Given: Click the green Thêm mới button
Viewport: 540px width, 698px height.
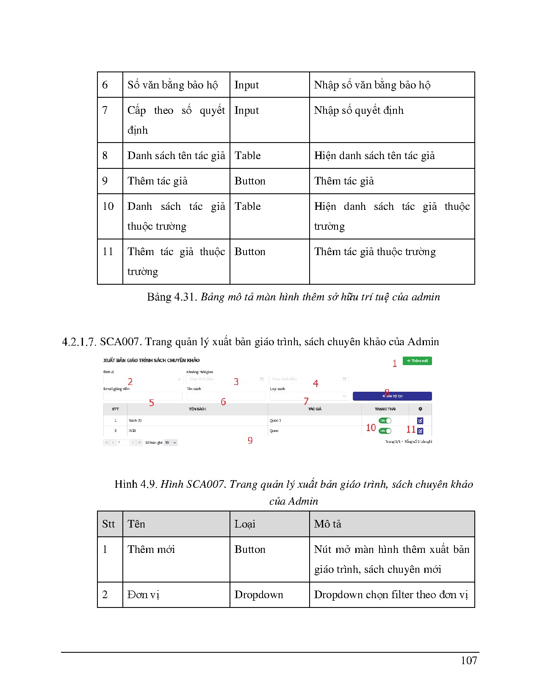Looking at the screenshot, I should (x=417, y=361).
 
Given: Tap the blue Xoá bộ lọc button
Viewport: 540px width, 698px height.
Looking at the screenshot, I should (x=392, y=396).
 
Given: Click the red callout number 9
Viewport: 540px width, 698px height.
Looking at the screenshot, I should (x=250, y=441).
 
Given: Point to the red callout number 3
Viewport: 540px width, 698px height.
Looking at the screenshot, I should (x=236, y=382).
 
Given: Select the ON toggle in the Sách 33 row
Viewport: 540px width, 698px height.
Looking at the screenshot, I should (x=385, y=420).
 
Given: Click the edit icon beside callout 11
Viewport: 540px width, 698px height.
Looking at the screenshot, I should (x=420, y=431).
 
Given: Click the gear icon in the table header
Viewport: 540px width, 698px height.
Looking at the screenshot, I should (x=420, y=409).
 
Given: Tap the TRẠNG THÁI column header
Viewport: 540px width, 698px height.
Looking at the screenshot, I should (x=385, y=409).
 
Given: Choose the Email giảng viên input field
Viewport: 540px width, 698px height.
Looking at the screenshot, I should (x=143, y=396).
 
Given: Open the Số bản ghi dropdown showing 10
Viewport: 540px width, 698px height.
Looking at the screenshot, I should (x=170, y=442).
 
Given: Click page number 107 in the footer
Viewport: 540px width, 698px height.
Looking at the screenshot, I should (x=469, y=660).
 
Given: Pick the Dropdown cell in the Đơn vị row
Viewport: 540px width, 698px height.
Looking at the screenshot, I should (x=259, y=595).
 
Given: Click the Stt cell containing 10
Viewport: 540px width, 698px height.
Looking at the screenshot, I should (x=108, y=206).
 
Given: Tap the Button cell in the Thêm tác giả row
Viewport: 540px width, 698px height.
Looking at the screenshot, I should (x=250, y=181).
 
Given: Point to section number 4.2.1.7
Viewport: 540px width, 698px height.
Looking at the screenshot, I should (x=79, y=342).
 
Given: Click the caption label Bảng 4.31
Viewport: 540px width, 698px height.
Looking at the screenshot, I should (x=172, y=297).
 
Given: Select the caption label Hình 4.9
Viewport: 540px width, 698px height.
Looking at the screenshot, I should (x=136, y=484).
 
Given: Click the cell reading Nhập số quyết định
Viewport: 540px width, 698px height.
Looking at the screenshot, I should (x=359, y=110).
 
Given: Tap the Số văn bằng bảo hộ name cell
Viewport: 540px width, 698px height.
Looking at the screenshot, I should (x=173, y=85).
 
